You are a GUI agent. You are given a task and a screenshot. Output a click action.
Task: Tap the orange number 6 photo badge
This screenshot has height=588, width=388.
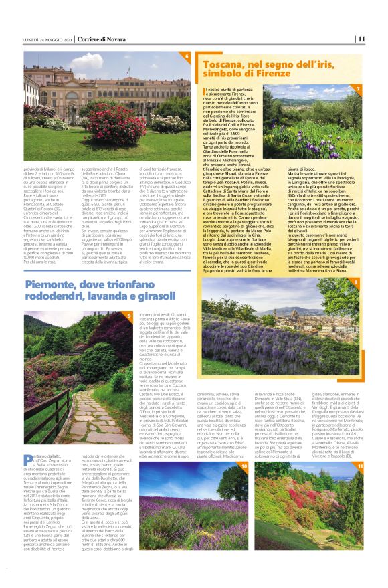click(x=187, y=57)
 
